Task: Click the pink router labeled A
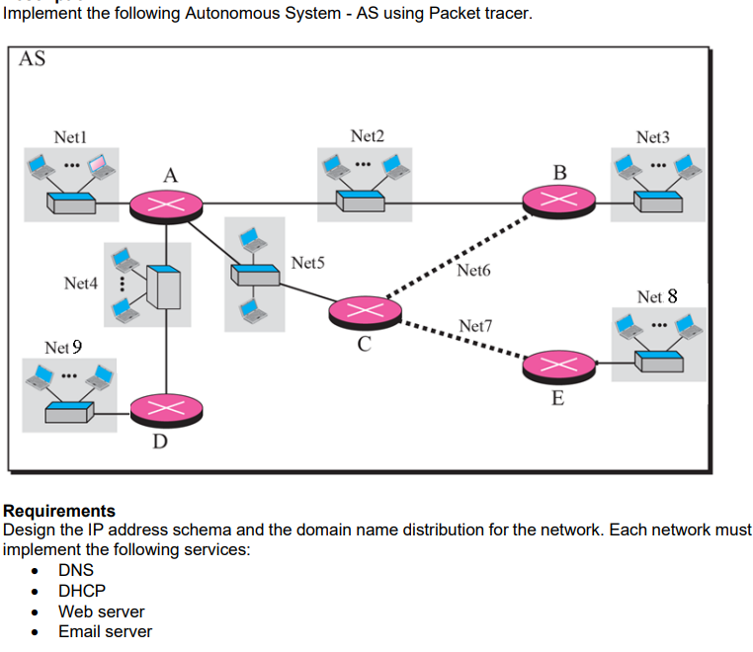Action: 165,205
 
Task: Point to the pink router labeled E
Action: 560,365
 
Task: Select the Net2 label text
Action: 368,135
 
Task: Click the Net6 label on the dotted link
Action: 473,270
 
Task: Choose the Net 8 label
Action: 657,296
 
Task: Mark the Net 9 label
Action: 63,347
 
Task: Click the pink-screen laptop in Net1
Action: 100,165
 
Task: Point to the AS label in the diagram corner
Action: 32,59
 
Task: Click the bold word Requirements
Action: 59,511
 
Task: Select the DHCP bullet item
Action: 82,591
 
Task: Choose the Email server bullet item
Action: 105,631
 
